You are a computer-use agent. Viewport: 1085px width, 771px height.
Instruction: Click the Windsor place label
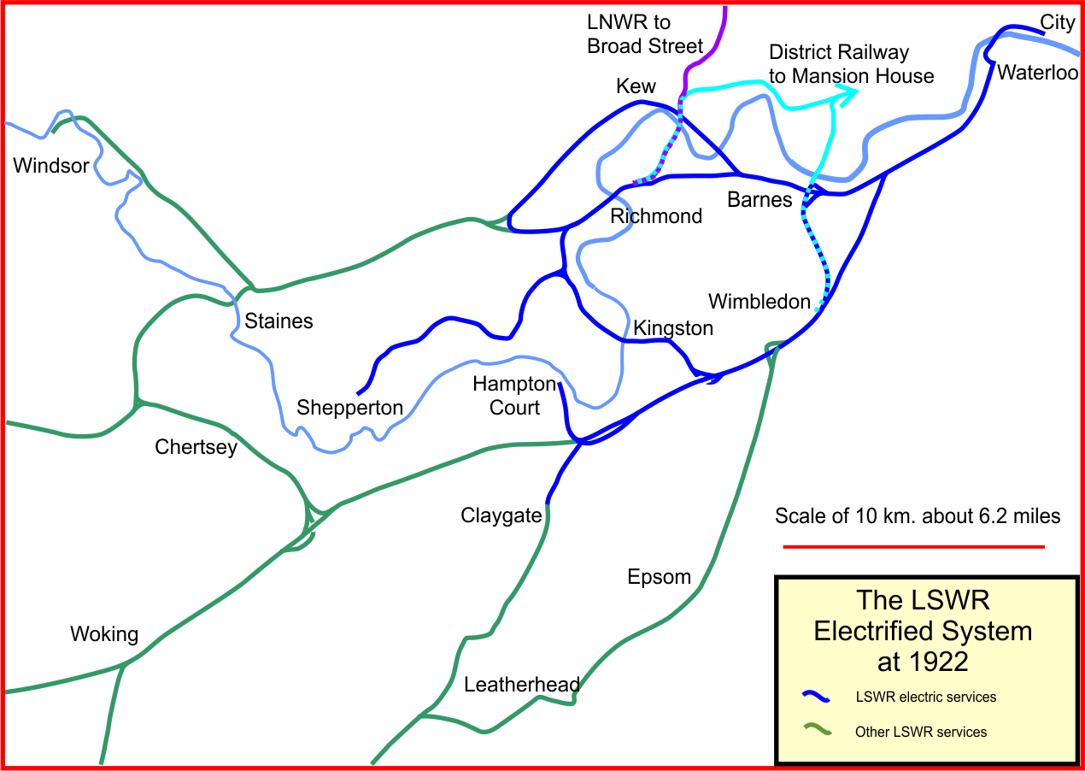point(51,166)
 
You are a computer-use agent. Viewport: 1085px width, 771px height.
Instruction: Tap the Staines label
point(279,321)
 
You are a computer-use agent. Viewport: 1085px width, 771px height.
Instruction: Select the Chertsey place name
point(196,447)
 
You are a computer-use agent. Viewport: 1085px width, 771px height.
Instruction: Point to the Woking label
point(103,634)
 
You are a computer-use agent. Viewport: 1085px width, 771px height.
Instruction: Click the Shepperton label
point(349,408)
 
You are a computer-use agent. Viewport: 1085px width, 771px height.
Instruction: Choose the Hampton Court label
point(514,396)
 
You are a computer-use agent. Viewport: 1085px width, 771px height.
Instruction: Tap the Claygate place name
point(501,515)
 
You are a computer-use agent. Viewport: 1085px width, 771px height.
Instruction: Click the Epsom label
point(659,577)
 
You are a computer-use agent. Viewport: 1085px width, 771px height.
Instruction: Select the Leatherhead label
point(522,685)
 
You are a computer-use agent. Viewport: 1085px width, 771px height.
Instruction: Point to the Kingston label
point(673,327)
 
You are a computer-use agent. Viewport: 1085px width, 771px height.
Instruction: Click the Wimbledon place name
point(759,302)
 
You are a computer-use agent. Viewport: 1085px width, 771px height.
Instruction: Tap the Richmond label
point(656,216)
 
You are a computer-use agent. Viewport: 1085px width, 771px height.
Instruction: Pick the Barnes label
point(759,200)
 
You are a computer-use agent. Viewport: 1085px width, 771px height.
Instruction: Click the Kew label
point(636,86)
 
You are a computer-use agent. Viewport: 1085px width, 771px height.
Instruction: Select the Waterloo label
point(1038,73)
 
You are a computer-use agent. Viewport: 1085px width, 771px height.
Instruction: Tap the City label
point(1057,21)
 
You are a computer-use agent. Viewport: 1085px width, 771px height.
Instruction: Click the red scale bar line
point(914,546)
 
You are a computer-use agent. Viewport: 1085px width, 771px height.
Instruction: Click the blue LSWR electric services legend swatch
point(817,697)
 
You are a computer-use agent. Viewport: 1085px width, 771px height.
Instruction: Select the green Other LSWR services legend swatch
point(817,731)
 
